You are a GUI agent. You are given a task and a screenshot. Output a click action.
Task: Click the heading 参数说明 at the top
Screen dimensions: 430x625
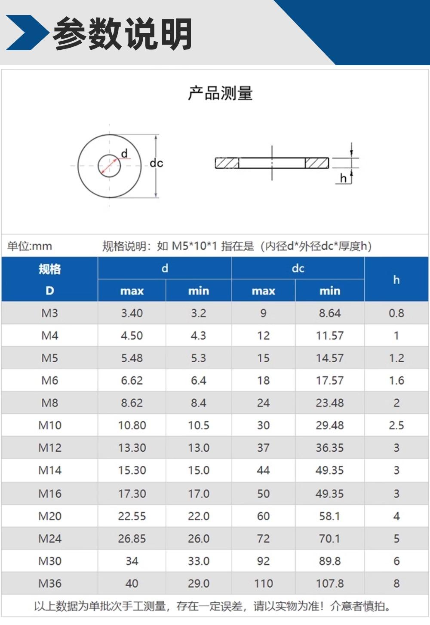pyautogui.click(x=123, y=33)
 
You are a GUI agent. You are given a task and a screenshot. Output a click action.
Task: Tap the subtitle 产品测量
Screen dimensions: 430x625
pyautogui.click(x=220, y=93)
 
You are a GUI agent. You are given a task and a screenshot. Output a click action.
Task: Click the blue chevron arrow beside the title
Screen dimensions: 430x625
pyautogui.click(x=27, y=33)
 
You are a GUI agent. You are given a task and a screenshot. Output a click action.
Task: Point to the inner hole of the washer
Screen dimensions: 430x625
pyautogui.click(x=109, y=166)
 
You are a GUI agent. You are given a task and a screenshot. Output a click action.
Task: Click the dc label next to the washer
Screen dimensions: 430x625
pyautogui.click(x=156, y=163)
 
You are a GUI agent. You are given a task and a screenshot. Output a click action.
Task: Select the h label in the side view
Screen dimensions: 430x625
pyautogui.click(x=343, y=178)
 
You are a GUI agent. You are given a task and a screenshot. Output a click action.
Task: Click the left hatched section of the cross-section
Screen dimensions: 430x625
pyautogui.click(x=227, y=163)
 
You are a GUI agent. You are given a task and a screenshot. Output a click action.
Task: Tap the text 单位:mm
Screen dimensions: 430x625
pyautogui.click(x=30, y=246)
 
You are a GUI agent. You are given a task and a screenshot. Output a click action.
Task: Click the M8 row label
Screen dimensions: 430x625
pyautogui.click(x=50, y=403)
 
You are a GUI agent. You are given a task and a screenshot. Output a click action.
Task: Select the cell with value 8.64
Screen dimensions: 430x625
pyautogui.click(x=330, y=313)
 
